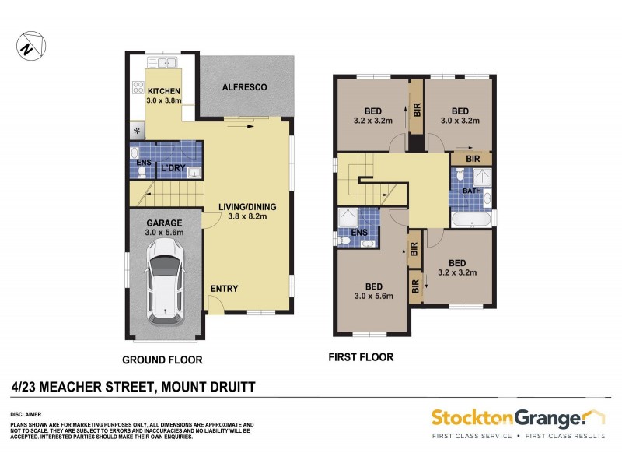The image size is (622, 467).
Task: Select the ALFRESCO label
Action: point(246,87)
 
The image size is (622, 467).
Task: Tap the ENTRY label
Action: point(224,289)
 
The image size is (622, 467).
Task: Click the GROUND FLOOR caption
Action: point(162,360)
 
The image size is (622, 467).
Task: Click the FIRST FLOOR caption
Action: point(361,358)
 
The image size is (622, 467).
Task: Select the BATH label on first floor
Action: point(472,190)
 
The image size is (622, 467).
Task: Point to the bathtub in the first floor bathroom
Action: point(470,220)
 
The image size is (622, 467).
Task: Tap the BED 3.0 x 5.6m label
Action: point(373,290)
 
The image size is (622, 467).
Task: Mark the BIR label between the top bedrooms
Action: point(417,110)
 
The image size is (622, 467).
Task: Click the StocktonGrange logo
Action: point(516,420)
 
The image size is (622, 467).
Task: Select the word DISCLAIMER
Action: point(26,414)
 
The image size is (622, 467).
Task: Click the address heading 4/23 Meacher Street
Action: point(134,385)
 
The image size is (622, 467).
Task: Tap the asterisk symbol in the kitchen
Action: point(138,131)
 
